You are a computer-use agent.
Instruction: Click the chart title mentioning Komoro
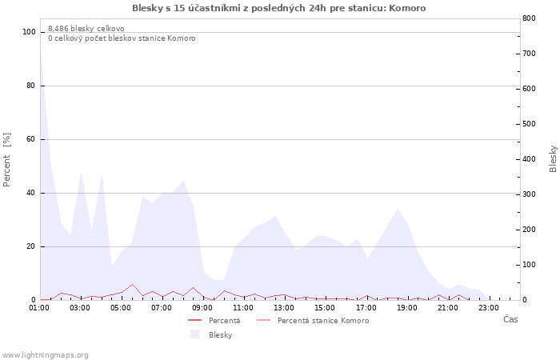click(279, 8)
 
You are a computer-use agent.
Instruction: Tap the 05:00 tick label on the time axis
click(121, 307)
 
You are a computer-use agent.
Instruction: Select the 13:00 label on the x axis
click(284, 307)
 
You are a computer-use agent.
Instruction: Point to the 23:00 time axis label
click(489, 307)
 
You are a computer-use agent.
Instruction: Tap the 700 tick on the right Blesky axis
click(530, 54)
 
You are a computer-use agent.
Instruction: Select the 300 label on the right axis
click(530, 194)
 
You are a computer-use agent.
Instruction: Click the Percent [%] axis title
click(6, 160)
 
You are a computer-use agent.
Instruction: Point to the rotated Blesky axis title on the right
click(553, 159)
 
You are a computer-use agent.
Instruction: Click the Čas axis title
click(510, 319)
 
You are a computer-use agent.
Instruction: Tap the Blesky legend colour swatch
click(194, 334)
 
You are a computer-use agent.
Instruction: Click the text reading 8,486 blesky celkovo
click(86, 29)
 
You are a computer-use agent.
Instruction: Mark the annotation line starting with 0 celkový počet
click(122, 38)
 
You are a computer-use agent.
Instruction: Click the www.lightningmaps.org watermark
click(45, 355)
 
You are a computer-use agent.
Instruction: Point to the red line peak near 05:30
click(133, 284)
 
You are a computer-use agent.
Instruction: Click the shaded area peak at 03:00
click(81, 172)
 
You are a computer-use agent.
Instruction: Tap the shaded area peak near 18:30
click(398, 209)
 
